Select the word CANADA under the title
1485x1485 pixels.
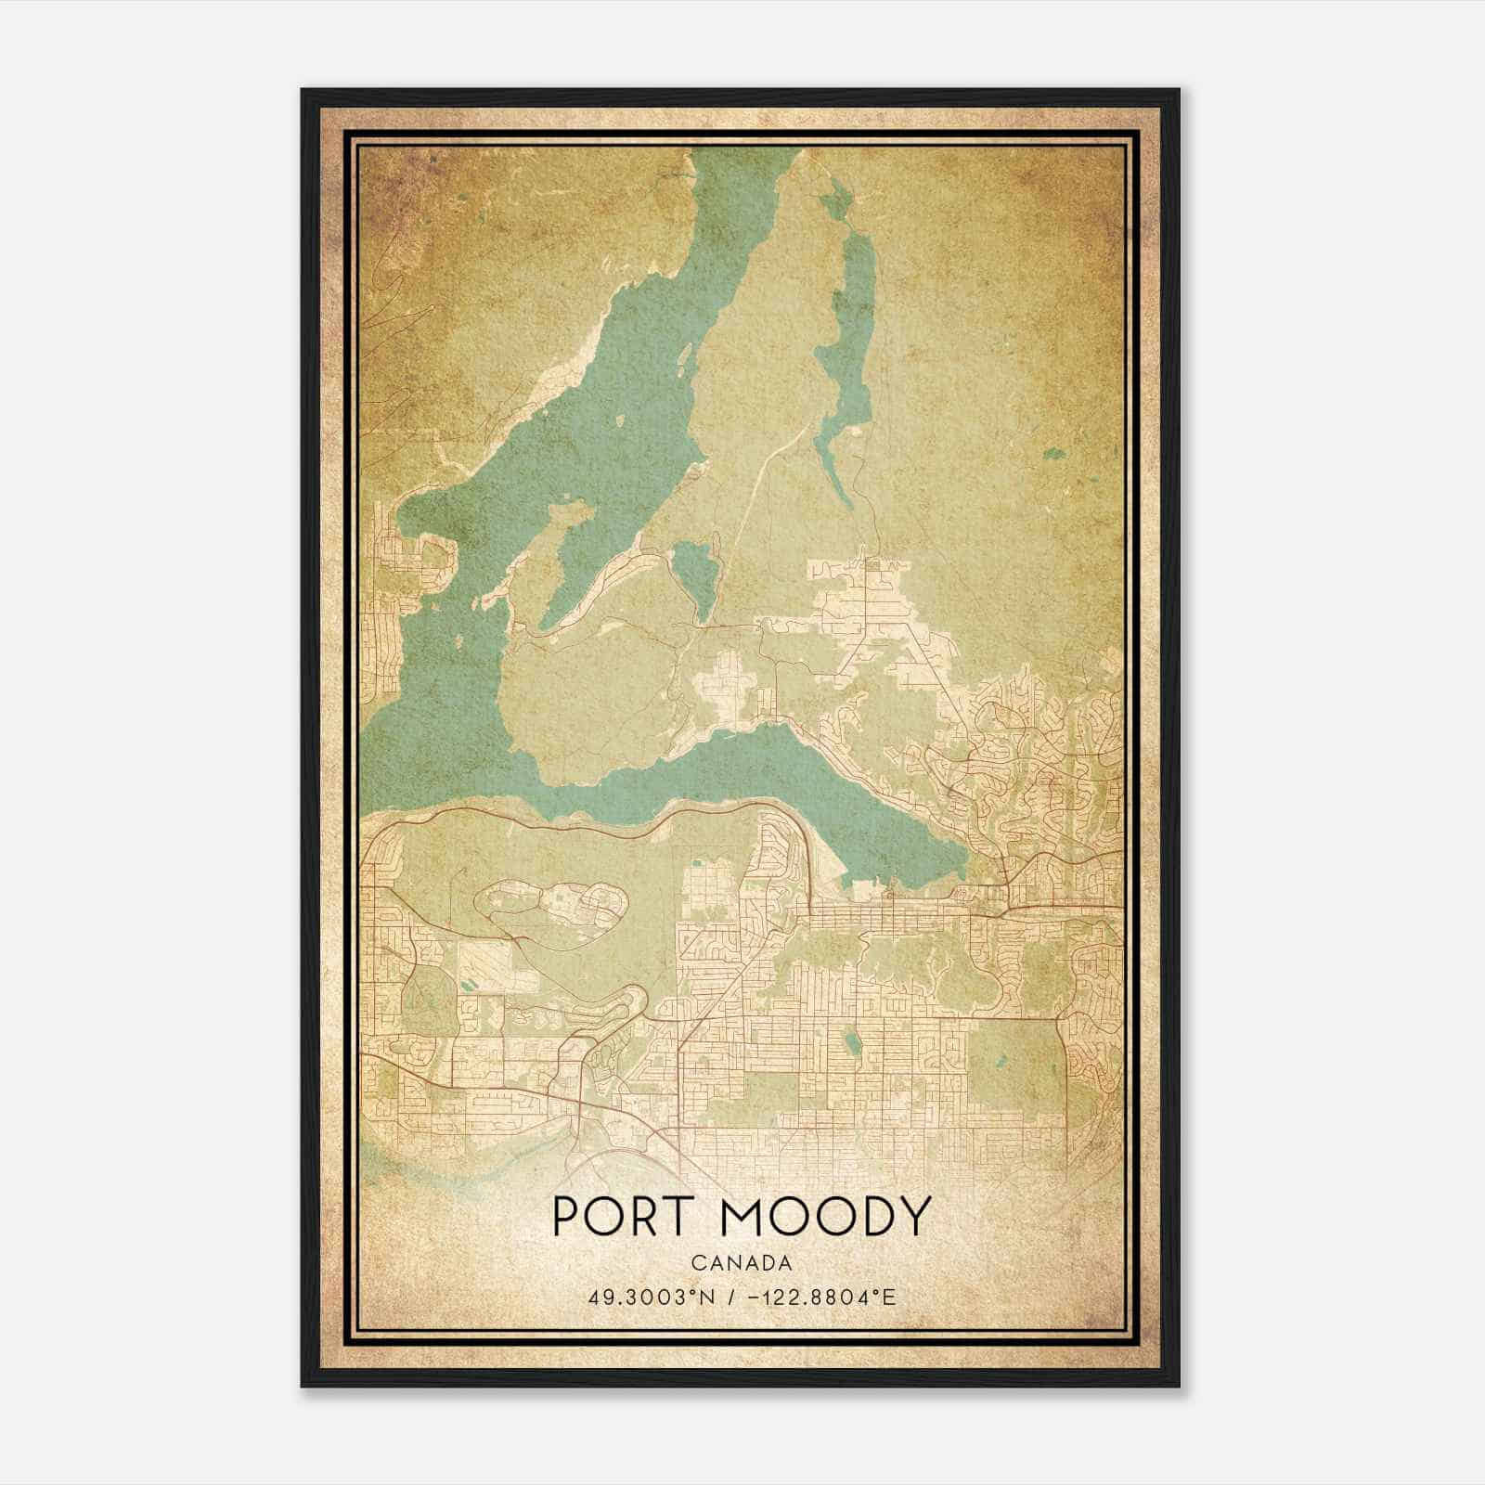click(741, 1263)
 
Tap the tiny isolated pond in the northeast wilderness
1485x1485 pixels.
click(1053, 455)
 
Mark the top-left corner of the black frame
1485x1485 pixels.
click(303, 90)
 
